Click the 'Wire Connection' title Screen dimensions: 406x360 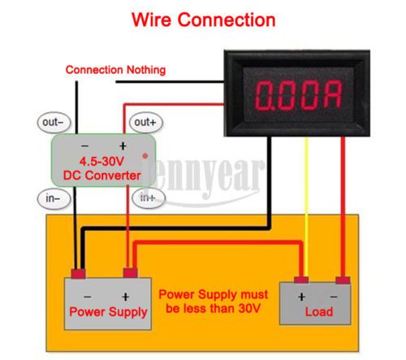(x=204, y=20)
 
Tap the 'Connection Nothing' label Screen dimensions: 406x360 (x=115, y=70)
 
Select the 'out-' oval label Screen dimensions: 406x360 (x=54, y=123)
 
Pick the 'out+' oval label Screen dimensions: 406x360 (x=146, y=123)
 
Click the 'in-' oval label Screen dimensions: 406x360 (x=54, y=198)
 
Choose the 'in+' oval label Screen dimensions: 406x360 (x=149, y=197)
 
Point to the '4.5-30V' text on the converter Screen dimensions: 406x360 (x=101, y=162)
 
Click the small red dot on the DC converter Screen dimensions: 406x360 (x=145, y=156)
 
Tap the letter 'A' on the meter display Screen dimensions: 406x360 (x=333, y=95)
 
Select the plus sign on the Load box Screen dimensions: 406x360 (x=301, y=297)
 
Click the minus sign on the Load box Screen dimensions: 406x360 (x=334, y=297)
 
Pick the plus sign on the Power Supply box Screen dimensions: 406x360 (x=125, y=297)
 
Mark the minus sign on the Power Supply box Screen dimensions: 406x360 (x=87, y=297)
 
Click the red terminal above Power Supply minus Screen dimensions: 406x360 (x=79, y=274)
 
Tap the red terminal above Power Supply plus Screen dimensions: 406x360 (x=130, y=272)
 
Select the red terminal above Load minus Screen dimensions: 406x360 (x=343, y=280)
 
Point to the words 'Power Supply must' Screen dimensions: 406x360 (x=214, y=294)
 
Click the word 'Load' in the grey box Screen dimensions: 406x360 (x=319, y=312)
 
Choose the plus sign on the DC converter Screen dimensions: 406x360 (x=123, y=146)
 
